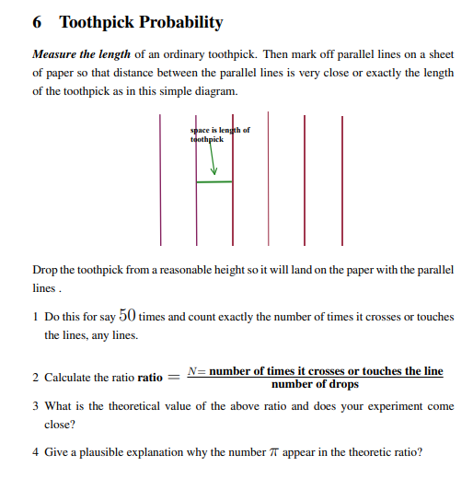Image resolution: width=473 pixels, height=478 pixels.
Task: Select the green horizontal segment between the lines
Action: click(x=213, y=182)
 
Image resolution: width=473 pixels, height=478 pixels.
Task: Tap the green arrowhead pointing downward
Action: click(x=213, y=169)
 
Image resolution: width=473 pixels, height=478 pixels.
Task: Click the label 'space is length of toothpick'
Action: click(x=219, y=134)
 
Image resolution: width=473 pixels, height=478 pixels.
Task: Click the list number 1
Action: click(x=35, y=317)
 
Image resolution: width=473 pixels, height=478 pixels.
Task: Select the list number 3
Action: click(x=35, y=406)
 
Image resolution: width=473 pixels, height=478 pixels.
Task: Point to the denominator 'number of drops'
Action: click(x=316, y=384)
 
